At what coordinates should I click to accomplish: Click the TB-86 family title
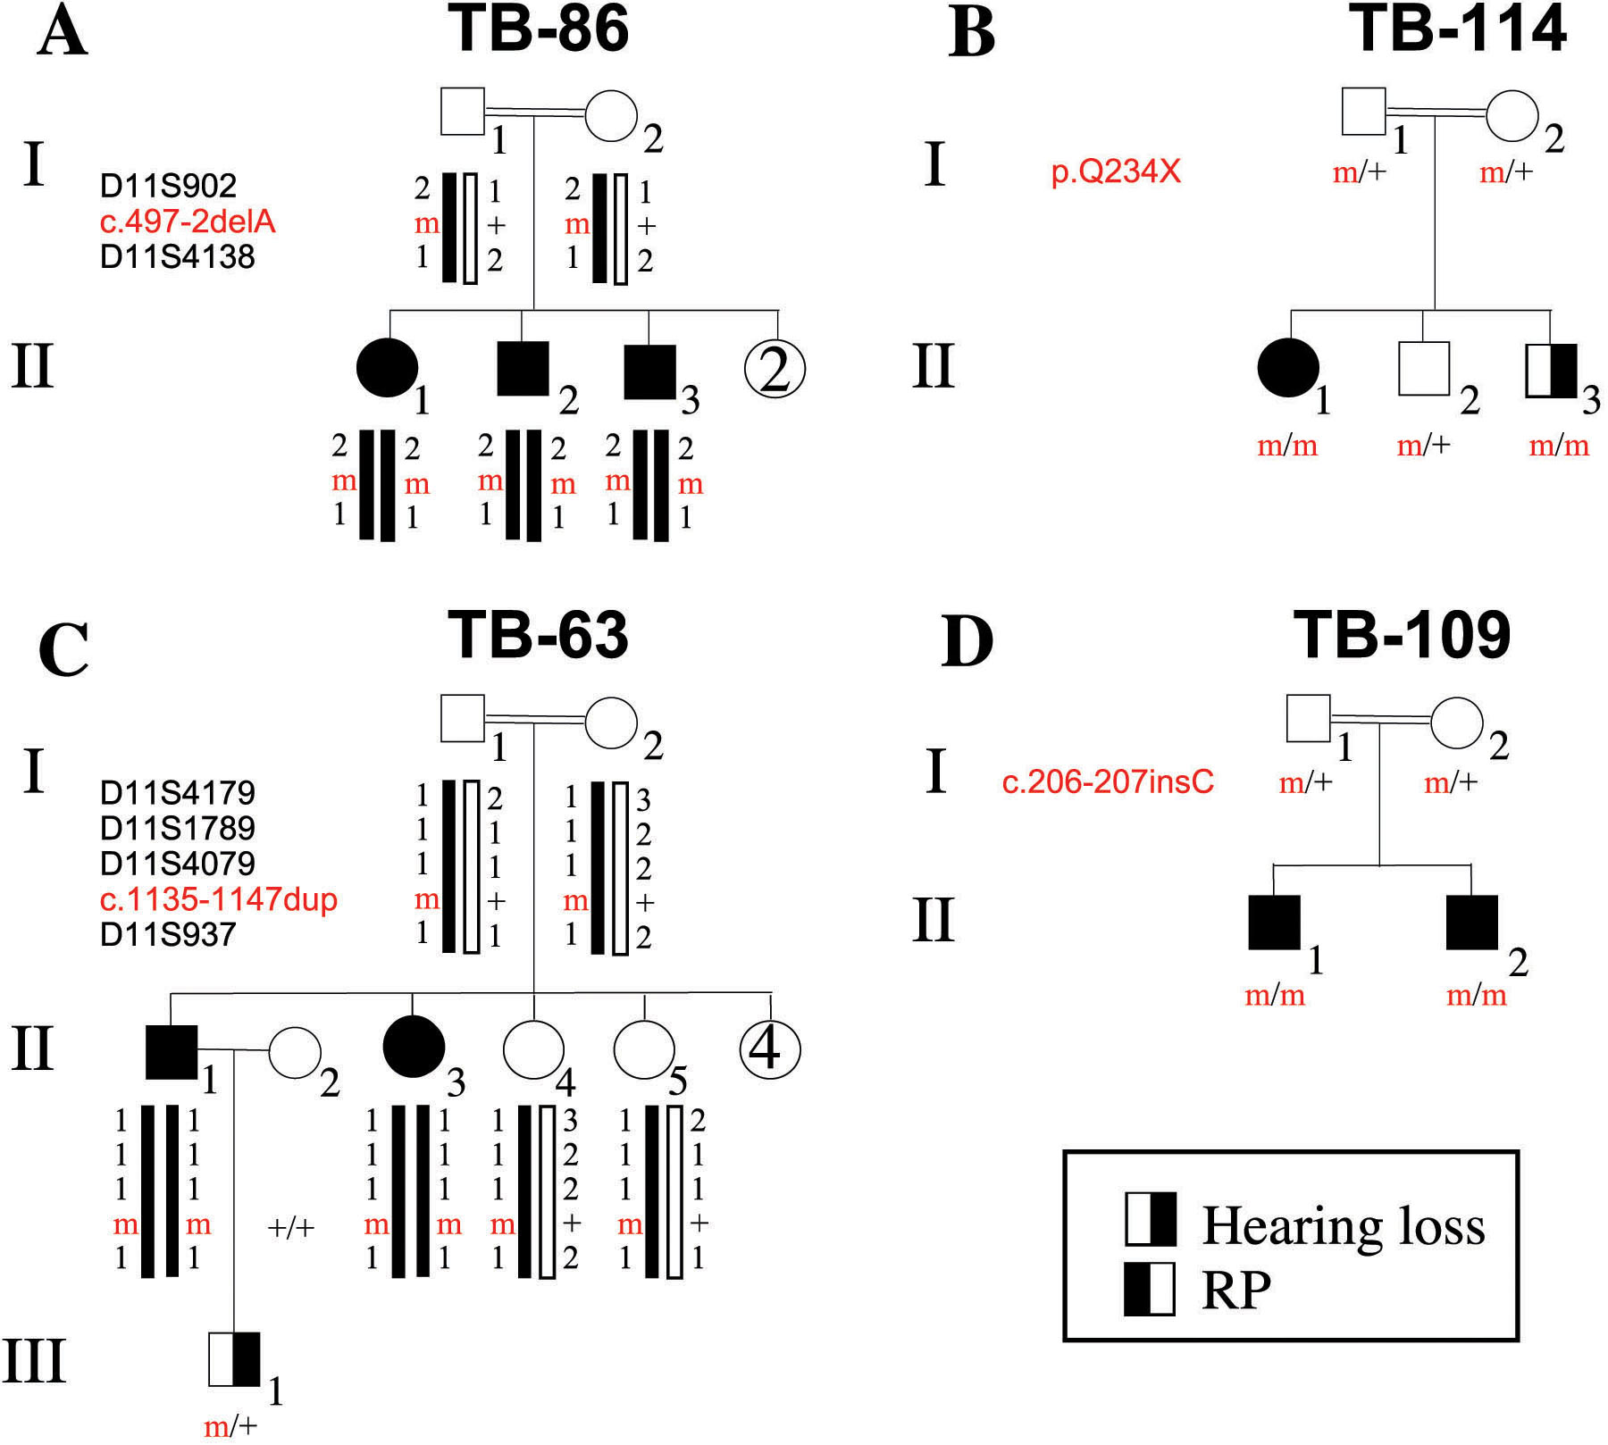539,29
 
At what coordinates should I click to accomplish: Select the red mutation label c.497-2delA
188,221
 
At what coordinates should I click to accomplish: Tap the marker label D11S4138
177,256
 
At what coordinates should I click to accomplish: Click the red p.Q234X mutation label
1116,170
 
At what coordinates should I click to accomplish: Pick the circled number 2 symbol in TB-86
775,369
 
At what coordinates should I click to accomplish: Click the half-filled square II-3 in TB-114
1551,370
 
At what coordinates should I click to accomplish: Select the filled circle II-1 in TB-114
1287,368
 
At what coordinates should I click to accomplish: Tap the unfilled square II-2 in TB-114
1423,368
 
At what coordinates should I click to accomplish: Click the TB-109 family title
1402,636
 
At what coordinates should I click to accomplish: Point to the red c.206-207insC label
1108,781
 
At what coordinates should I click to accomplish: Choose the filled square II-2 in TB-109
1471,922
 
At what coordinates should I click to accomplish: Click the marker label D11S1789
177,828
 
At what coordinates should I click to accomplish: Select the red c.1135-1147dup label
219,898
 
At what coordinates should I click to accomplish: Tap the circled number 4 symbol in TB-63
770,1048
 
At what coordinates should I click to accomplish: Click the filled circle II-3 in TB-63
413,1047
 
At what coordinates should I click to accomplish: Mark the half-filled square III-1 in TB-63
234,1359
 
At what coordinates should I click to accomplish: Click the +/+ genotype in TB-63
291,1228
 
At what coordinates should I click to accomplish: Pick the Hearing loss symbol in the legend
1150,1218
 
